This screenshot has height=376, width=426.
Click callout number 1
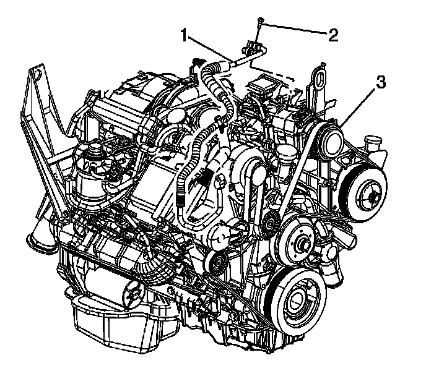(x=184, y=36)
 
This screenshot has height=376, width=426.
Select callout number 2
(x=333, y=35)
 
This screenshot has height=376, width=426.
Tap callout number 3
(x=380, y=82)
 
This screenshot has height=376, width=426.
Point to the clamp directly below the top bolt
(x=251, y=48)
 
